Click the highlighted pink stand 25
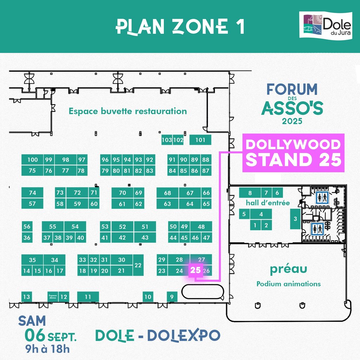[196, 270]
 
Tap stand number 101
[200, 140]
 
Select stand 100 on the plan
[32, 160]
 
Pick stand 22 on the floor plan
[138, 265]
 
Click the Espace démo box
[53, 296]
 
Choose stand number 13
[26, 297]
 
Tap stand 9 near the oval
[172, 297]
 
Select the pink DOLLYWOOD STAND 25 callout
[292, 153]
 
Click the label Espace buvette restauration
[128, 111]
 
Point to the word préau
[288, 269]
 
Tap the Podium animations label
[288, 284]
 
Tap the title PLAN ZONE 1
[180, 26]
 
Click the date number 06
[34, 335]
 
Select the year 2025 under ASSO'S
[292, 122]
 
